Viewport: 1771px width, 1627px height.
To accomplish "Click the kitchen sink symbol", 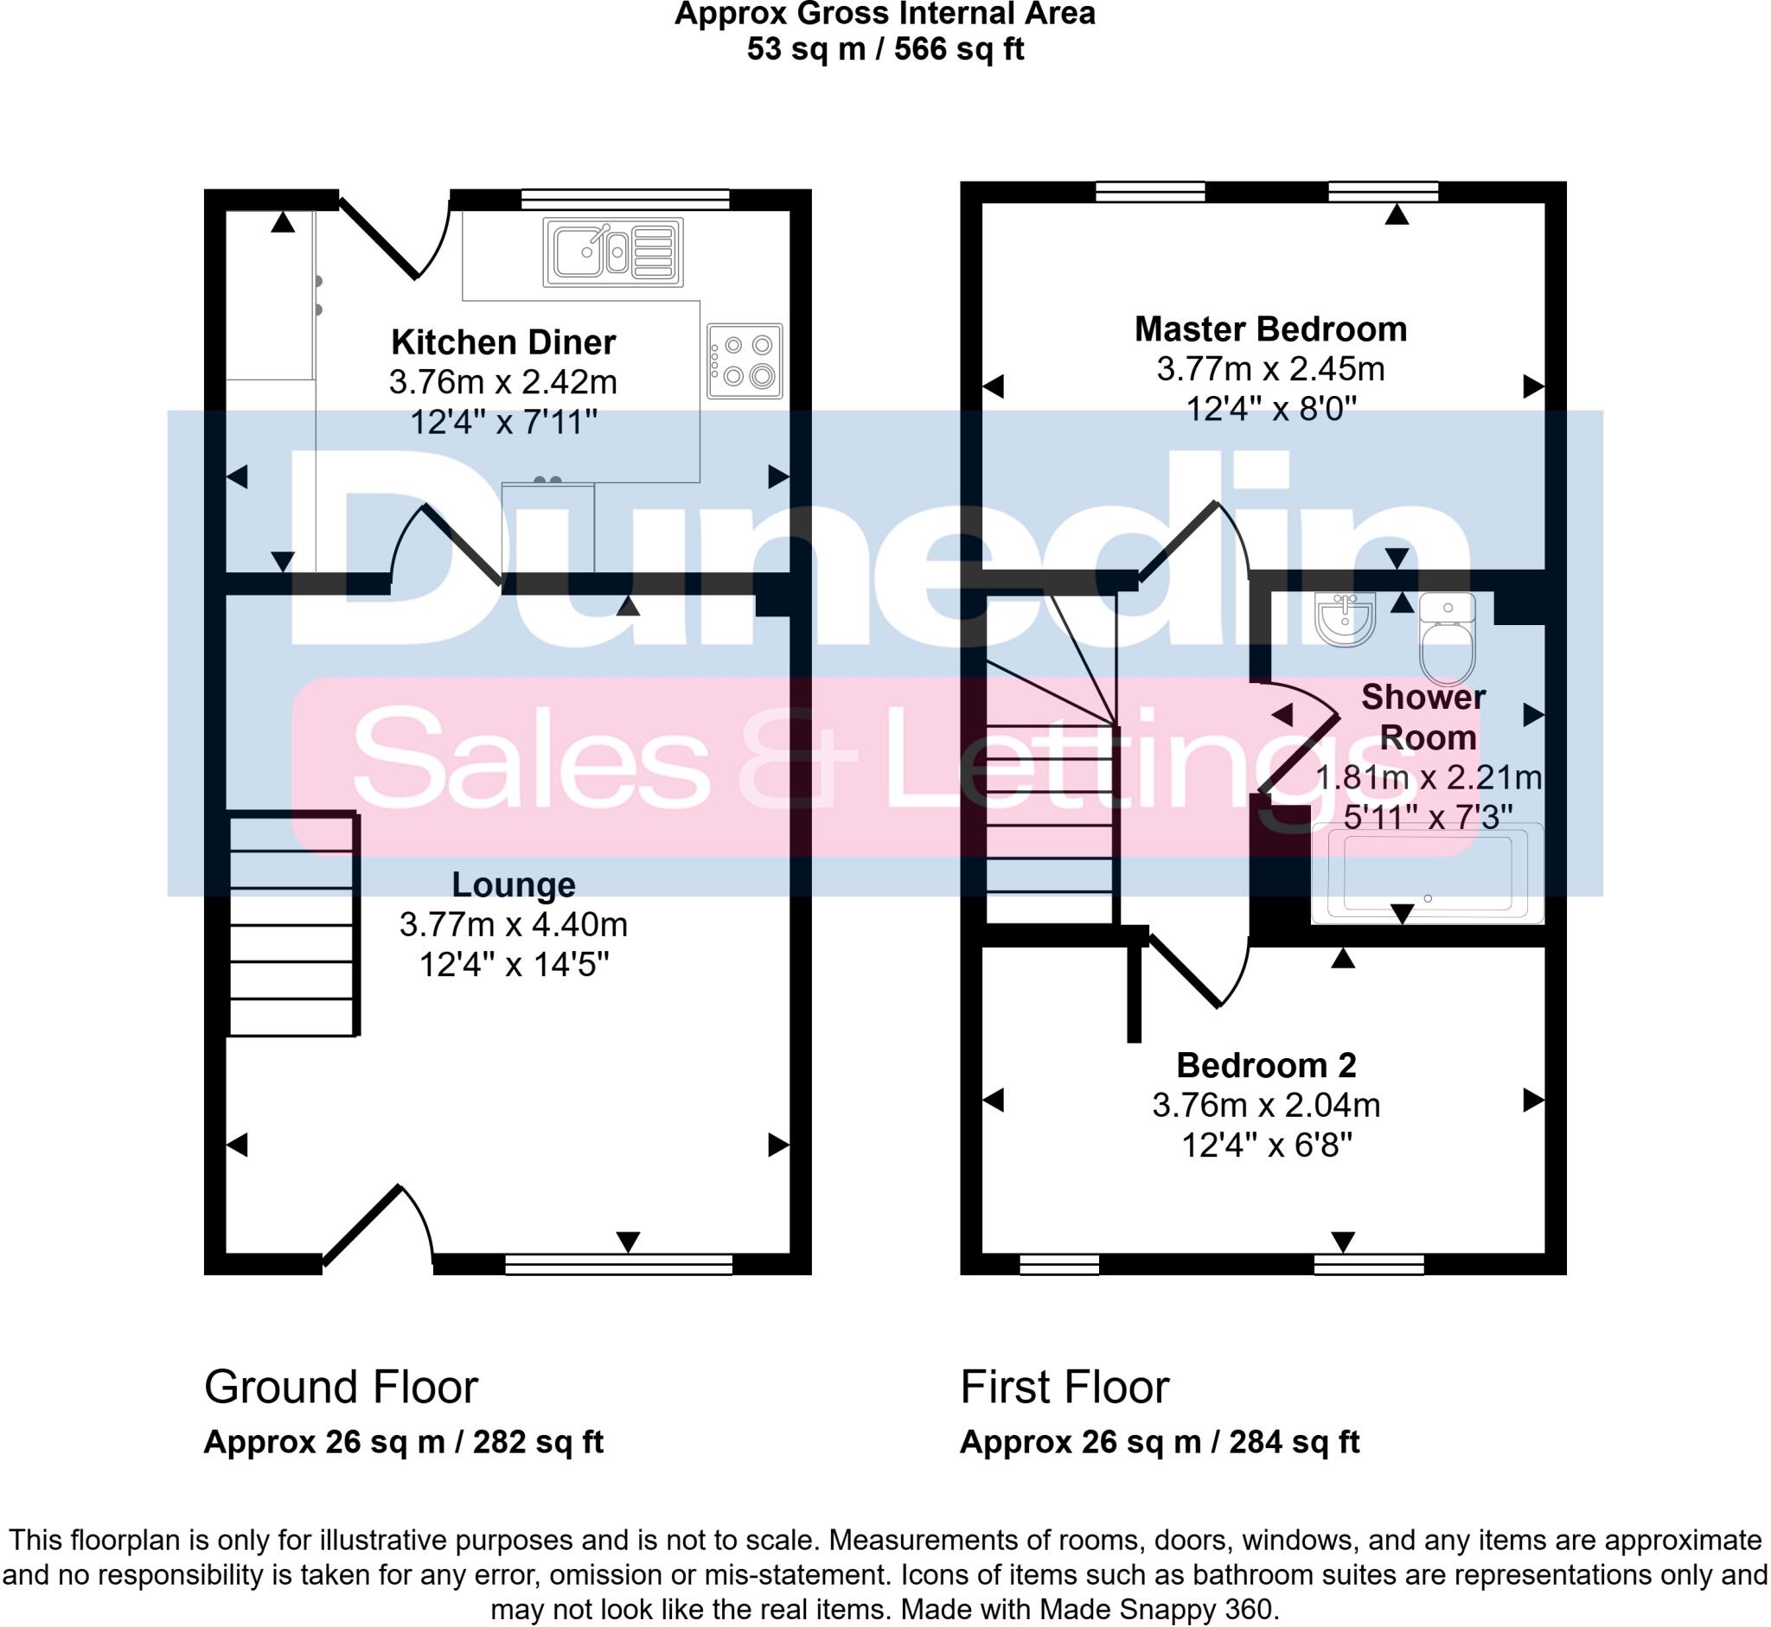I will click(613, 252).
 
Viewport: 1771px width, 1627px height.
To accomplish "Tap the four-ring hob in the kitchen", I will click(745, 360).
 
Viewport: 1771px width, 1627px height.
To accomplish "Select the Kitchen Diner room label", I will click(503, 342).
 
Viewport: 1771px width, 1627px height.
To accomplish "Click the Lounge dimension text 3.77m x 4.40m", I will click(514, 924).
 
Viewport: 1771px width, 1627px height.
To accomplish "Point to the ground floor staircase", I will click(292, 924).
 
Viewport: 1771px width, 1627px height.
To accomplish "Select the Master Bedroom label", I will click(1270, 329).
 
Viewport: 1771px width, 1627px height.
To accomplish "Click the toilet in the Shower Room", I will click(1447, 643).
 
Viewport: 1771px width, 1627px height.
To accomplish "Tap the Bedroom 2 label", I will click(1265, 1065).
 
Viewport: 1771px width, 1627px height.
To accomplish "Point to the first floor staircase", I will click(1050, 793).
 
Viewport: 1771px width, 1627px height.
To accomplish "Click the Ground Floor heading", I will click(341, 1388).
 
